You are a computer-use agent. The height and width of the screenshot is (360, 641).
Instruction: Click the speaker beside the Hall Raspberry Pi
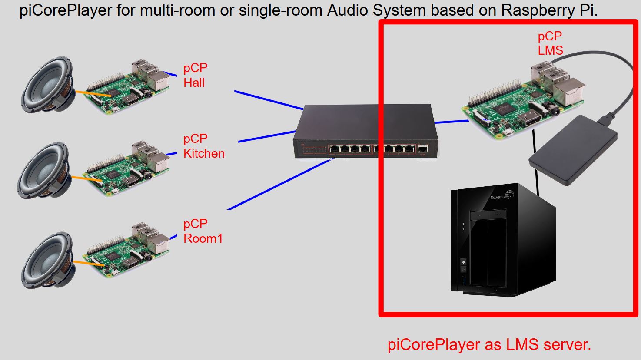(x=47, y=87)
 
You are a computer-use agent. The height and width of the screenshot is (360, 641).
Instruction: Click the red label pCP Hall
(x=195, y=75)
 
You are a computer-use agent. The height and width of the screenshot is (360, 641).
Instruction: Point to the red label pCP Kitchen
(x=203, y=146)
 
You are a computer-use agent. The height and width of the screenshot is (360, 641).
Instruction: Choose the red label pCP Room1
(x=203, y=231)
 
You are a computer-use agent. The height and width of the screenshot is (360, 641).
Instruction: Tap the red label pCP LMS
(x=550, y=43)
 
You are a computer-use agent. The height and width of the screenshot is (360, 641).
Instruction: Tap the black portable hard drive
(x=573, y=151)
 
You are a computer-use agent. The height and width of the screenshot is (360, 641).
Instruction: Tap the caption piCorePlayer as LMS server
(x=489, y=345)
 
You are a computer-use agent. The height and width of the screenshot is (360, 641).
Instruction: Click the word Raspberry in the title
(x=538, y=10)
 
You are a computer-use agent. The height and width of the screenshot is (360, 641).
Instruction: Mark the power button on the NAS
(x=463, y=262)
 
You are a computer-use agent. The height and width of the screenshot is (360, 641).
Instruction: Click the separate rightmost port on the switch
(x=422, y=150)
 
